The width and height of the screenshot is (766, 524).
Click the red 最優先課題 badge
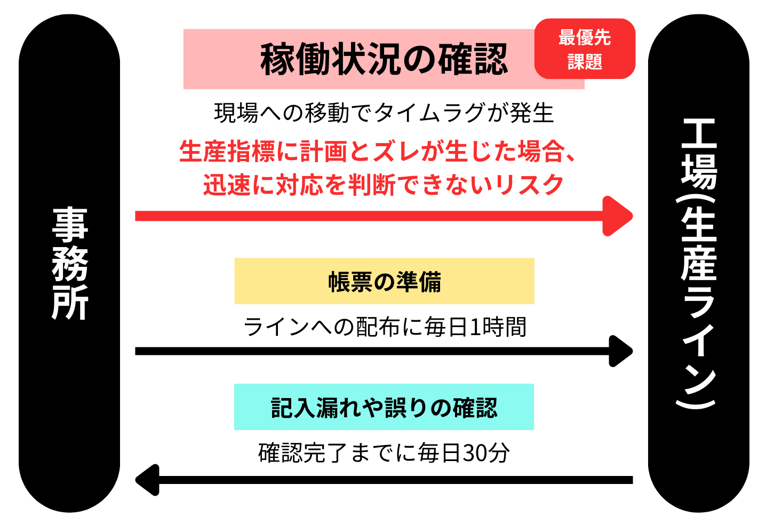pyautogui.click(x=585, y=49)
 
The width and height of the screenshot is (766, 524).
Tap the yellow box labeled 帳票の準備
pyautogui.click(x=384, y=281)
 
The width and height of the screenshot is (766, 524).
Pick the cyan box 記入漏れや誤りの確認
pyautogui.click(x=384, y=407)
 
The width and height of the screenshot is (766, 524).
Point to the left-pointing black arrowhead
pyautogui.click(x=148, y=480)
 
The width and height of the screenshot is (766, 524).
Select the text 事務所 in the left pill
pyautogui.click(x=70, y=264)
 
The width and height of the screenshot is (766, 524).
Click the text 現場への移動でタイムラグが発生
pyautogui.click(x=384, y=113)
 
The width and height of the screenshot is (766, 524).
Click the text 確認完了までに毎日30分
pyautogui.click(x=384, y=453)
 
